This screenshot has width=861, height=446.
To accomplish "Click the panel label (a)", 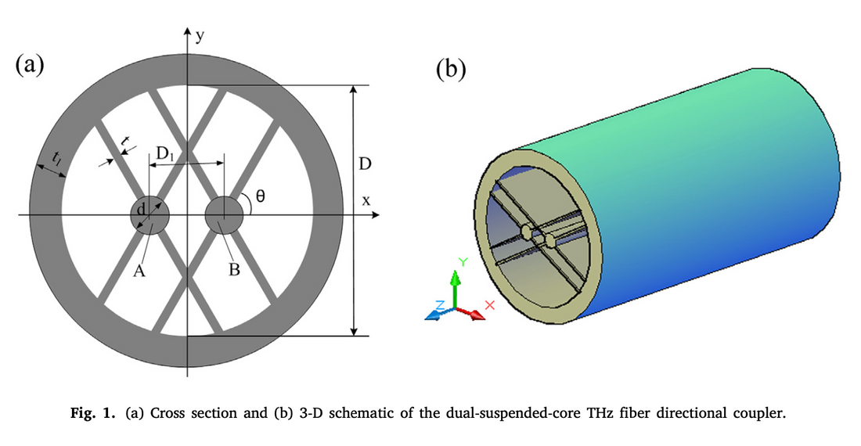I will tap(30, 65).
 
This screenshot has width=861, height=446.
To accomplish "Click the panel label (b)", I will tap(450, 70).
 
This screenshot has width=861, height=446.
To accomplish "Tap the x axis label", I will tap(366, 200).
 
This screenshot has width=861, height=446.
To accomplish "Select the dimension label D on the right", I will tap(366, 164).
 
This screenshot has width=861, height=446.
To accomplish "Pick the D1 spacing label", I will tap(166, 154).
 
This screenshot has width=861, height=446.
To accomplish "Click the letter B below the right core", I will tap(233, 271).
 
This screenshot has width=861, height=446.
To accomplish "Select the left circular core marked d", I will tap(150, 215).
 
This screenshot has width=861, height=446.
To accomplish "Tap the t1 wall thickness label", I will tap(55, 160).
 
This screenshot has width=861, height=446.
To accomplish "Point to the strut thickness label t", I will tap(126, 141).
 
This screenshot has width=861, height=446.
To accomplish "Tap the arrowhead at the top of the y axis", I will tap(188, 32).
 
